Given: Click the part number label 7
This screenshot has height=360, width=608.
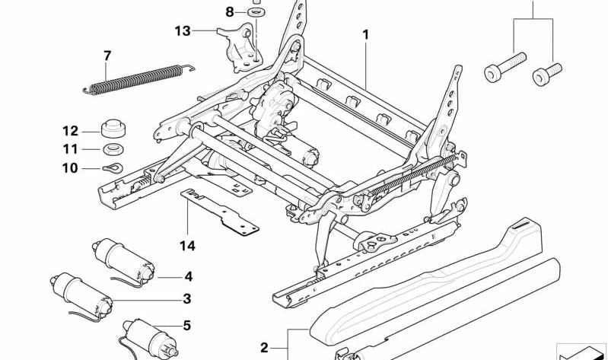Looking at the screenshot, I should (x=107, y=56).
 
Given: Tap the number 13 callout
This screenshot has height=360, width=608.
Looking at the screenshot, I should (x=182, y=31).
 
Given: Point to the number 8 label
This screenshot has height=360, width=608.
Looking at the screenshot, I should (x=230, y=11).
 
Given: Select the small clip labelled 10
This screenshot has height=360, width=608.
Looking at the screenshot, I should (x=110, y=168).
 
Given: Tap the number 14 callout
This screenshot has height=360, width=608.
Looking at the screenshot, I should (x=187, y=245).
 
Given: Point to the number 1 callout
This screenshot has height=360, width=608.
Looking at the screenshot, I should (x=365, y=35).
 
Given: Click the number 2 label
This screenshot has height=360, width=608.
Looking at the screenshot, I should (x=264, y=348).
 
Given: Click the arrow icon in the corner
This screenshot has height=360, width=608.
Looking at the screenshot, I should (x=581, y=350).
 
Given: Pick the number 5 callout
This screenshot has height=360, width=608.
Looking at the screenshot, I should (x=186, y=326).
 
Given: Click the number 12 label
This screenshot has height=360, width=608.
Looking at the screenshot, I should (x=71, y=130).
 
